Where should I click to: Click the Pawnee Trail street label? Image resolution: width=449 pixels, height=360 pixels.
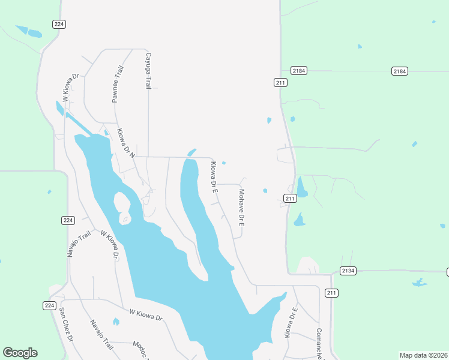[118, 85]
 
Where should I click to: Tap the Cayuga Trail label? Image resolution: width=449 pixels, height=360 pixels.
[148, 71]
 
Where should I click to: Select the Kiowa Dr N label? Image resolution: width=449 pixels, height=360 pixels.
[127, 143]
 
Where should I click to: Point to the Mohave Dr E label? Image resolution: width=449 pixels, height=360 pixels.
[241, 208]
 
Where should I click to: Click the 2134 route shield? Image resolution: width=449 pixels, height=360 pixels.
[348, 271]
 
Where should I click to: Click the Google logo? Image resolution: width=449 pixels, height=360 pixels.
[20, 353]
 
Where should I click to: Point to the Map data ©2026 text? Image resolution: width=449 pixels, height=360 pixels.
[424, 355]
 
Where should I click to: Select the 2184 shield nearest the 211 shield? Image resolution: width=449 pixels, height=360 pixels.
[299, 71]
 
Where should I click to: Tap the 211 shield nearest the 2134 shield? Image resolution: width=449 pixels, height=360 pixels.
[331, 293]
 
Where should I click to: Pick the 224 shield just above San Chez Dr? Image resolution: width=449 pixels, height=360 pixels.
[50, 305]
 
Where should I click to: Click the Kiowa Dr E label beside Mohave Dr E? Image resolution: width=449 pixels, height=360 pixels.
[213, 176]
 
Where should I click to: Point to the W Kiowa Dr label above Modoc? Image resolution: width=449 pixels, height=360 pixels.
[146, 314]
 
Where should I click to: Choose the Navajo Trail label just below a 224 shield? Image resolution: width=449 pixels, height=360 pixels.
[74, 242]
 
